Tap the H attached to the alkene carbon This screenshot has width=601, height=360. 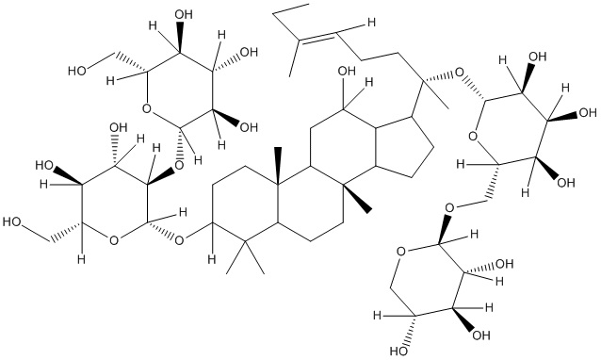coord(370,23)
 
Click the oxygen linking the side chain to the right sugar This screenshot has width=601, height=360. coord(459,72)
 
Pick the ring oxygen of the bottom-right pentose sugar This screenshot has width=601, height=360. coord(401,252)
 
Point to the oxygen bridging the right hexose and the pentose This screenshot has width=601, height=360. coord(450,207)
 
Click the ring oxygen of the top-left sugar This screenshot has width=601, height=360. coord(146,109)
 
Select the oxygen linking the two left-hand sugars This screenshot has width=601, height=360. coord(179,166)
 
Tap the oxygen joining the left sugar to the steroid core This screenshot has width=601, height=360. coord(179,240)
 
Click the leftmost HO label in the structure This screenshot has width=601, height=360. coord(11,222)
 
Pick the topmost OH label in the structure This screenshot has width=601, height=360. coord(184,15)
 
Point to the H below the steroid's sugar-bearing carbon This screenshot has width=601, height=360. coord(211,259)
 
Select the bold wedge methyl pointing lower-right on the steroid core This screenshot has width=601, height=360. coord(361,199)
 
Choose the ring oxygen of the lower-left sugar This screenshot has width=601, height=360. coord(113,240)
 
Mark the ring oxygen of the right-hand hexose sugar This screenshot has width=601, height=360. coord(473,136)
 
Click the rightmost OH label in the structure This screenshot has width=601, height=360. coord(588,113)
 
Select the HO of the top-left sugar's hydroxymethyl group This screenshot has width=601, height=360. coord(76,71)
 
